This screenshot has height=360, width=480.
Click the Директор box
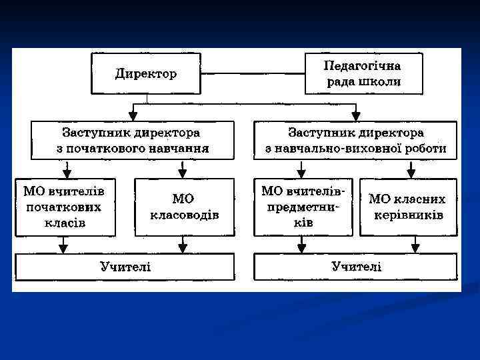146,74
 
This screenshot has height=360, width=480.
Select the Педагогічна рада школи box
363,74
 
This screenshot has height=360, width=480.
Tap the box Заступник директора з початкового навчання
132,141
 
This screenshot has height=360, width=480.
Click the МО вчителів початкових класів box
65,207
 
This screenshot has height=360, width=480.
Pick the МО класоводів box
184,207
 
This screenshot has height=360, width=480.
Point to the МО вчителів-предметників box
302,207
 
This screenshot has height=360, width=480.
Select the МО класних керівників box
408,207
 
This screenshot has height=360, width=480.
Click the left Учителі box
125,267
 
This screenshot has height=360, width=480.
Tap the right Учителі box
356,267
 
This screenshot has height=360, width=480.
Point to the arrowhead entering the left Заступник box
135,116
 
